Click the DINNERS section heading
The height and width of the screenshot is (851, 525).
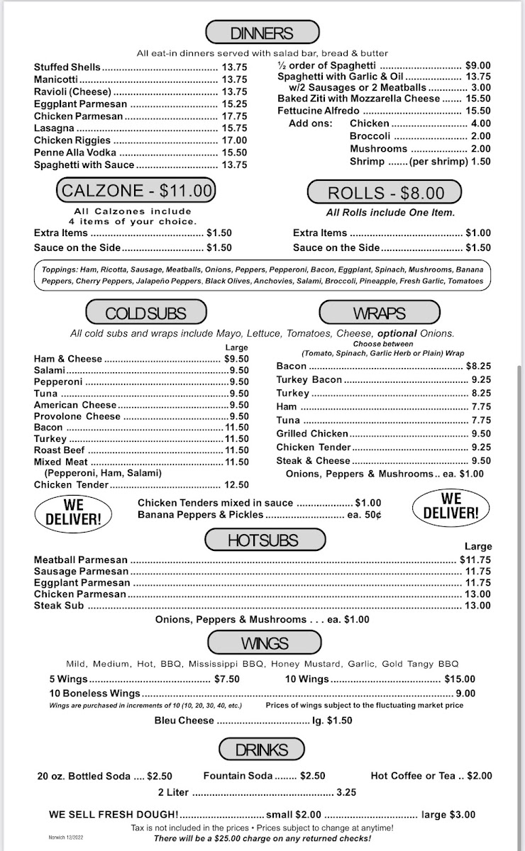[x=262, y=33]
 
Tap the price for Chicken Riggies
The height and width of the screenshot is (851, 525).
[x=234, y=140]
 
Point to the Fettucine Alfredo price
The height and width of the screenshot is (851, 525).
[x=478, y=111]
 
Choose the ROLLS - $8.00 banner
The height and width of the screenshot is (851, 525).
[x=385, y=193]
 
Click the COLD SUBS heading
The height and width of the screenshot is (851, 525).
[x=145, y=313]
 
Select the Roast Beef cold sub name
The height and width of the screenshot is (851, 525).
[x=60, y=450]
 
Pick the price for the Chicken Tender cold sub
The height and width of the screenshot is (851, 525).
[x=236, y=485]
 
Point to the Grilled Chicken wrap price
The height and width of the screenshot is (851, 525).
[x=481, y=433]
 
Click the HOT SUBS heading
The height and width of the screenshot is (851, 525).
[x=262, y=540]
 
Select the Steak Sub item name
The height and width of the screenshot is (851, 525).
[x=59, y=606]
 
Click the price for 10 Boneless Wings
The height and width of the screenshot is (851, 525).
[x=465, y=694]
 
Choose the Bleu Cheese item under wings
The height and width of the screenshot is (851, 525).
[x=184, y=721]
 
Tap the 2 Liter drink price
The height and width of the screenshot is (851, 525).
[x=346, y=793]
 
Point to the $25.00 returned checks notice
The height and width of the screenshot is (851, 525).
[x=262, y=838]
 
